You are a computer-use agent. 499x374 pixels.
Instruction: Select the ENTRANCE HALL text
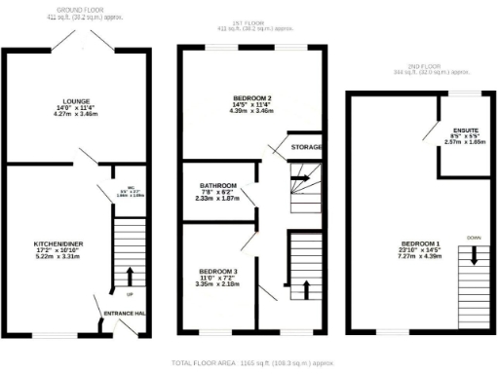click(127, 312)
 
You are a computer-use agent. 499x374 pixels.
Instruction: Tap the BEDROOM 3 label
click(217, 271)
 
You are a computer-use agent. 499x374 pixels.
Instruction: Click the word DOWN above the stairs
click(474, 237)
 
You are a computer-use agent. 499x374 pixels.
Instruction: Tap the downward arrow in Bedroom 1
click(475, 255)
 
